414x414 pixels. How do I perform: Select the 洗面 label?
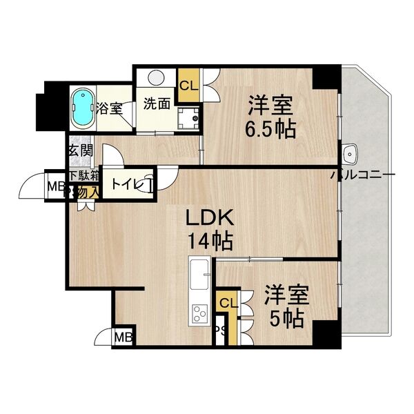(156, 104)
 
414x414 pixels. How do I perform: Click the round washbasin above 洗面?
(156, 78)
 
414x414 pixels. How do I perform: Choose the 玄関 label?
(80, 150)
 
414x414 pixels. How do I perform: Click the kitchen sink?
(198, 270)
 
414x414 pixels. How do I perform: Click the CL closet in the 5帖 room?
(227, 302)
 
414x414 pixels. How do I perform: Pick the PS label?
(222, 331)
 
